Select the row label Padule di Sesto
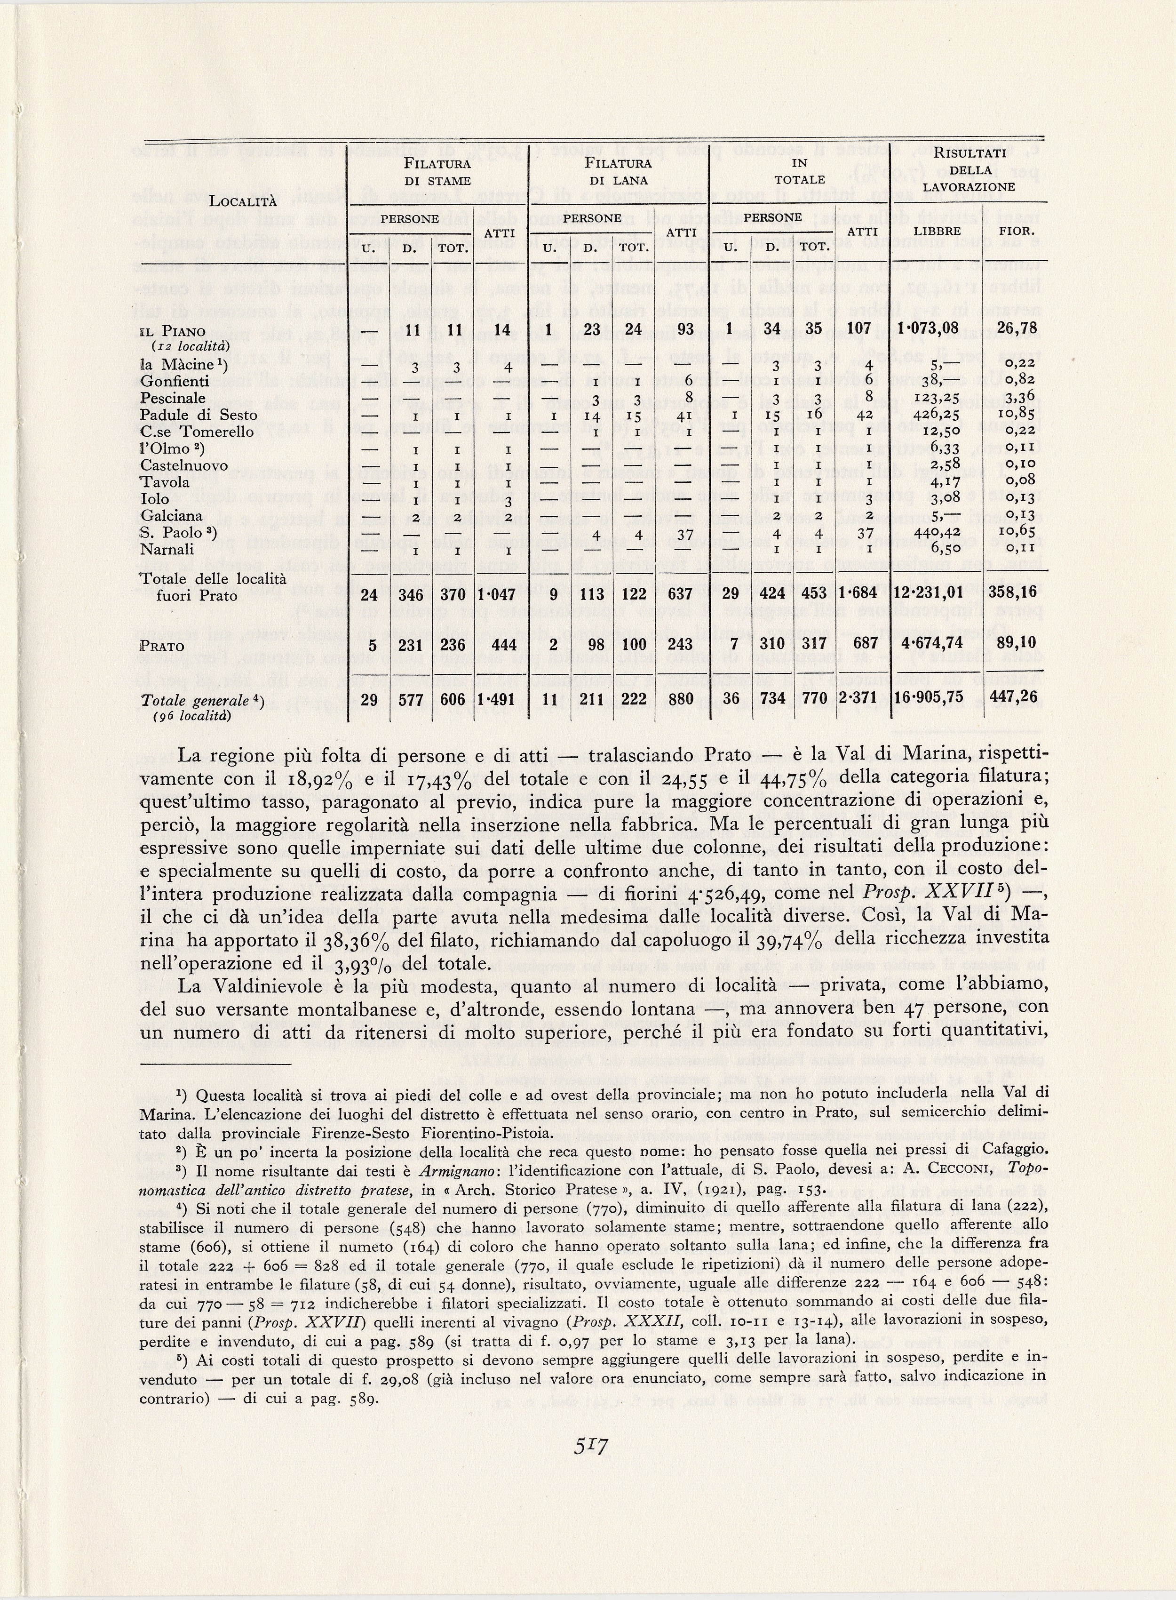click(199, 415)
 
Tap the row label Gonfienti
click(175, 381)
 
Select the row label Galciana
click(172, 516)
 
